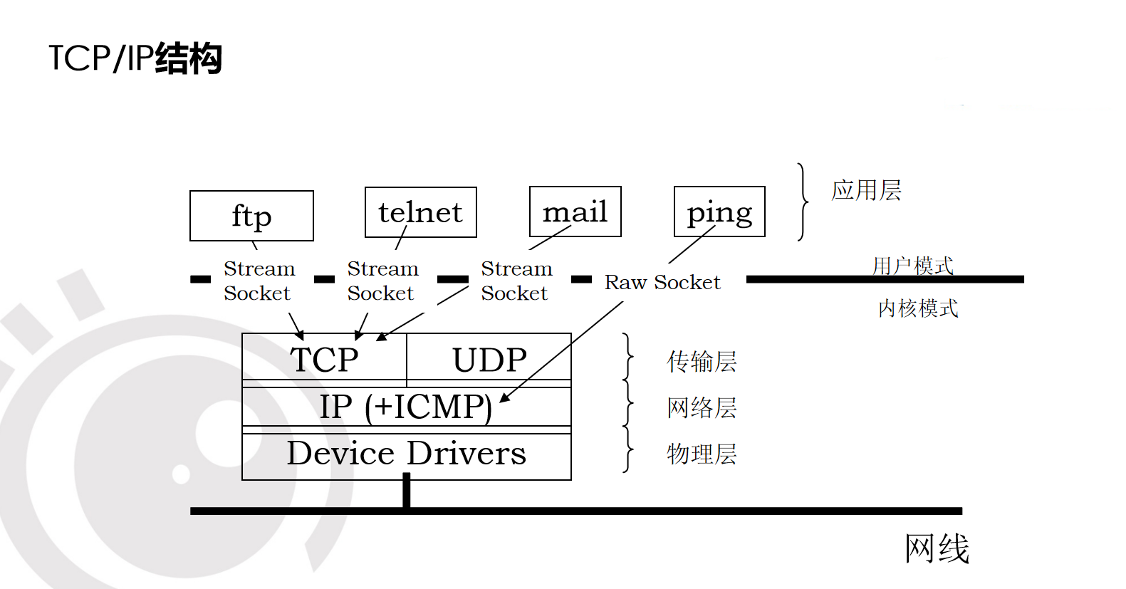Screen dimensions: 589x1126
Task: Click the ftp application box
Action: (x=251, y=216)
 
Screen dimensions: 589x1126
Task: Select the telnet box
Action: (x=420, y=212)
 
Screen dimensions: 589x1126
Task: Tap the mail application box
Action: (x=575, y=212)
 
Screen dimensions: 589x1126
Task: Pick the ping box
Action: (x=719, y=212)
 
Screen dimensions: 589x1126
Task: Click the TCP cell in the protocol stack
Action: (x=324, y=359)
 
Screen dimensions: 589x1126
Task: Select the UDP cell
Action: (x=489, y=359)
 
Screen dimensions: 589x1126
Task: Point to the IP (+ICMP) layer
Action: (x=406, y=407)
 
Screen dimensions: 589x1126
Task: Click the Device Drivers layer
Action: (x=406, y=454)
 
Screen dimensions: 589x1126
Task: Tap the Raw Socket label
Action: (x=662, y=282)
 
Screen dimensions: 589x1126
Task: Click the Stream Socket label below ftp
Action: (x=259, y=281)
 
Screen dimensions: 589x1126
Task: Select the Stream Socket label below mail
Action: (x=516, y=281)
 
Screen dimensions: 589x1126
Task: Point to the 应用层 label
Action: (x=866, y=190)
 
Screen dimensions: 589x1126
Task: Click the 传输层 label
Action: (x=702, y=361)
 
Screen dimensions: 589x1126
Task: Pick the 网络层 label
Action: (x=702, y=407)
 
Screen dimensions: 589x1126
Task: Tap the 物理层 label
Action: (x=702, y=454)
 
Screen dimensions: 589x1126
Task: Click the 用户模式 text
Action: (x=912, y=265)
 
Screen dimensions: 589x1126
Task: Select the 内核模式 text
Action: (x=918, y=308)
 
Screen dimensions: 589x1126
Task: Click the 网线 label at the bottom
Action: (x=937, y=548)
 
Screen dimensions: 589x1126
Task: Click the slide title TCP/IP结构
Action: (x=135, y=58)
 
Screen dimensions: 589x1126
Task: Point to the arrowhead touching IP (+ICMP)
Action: (x=504, y=398)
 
